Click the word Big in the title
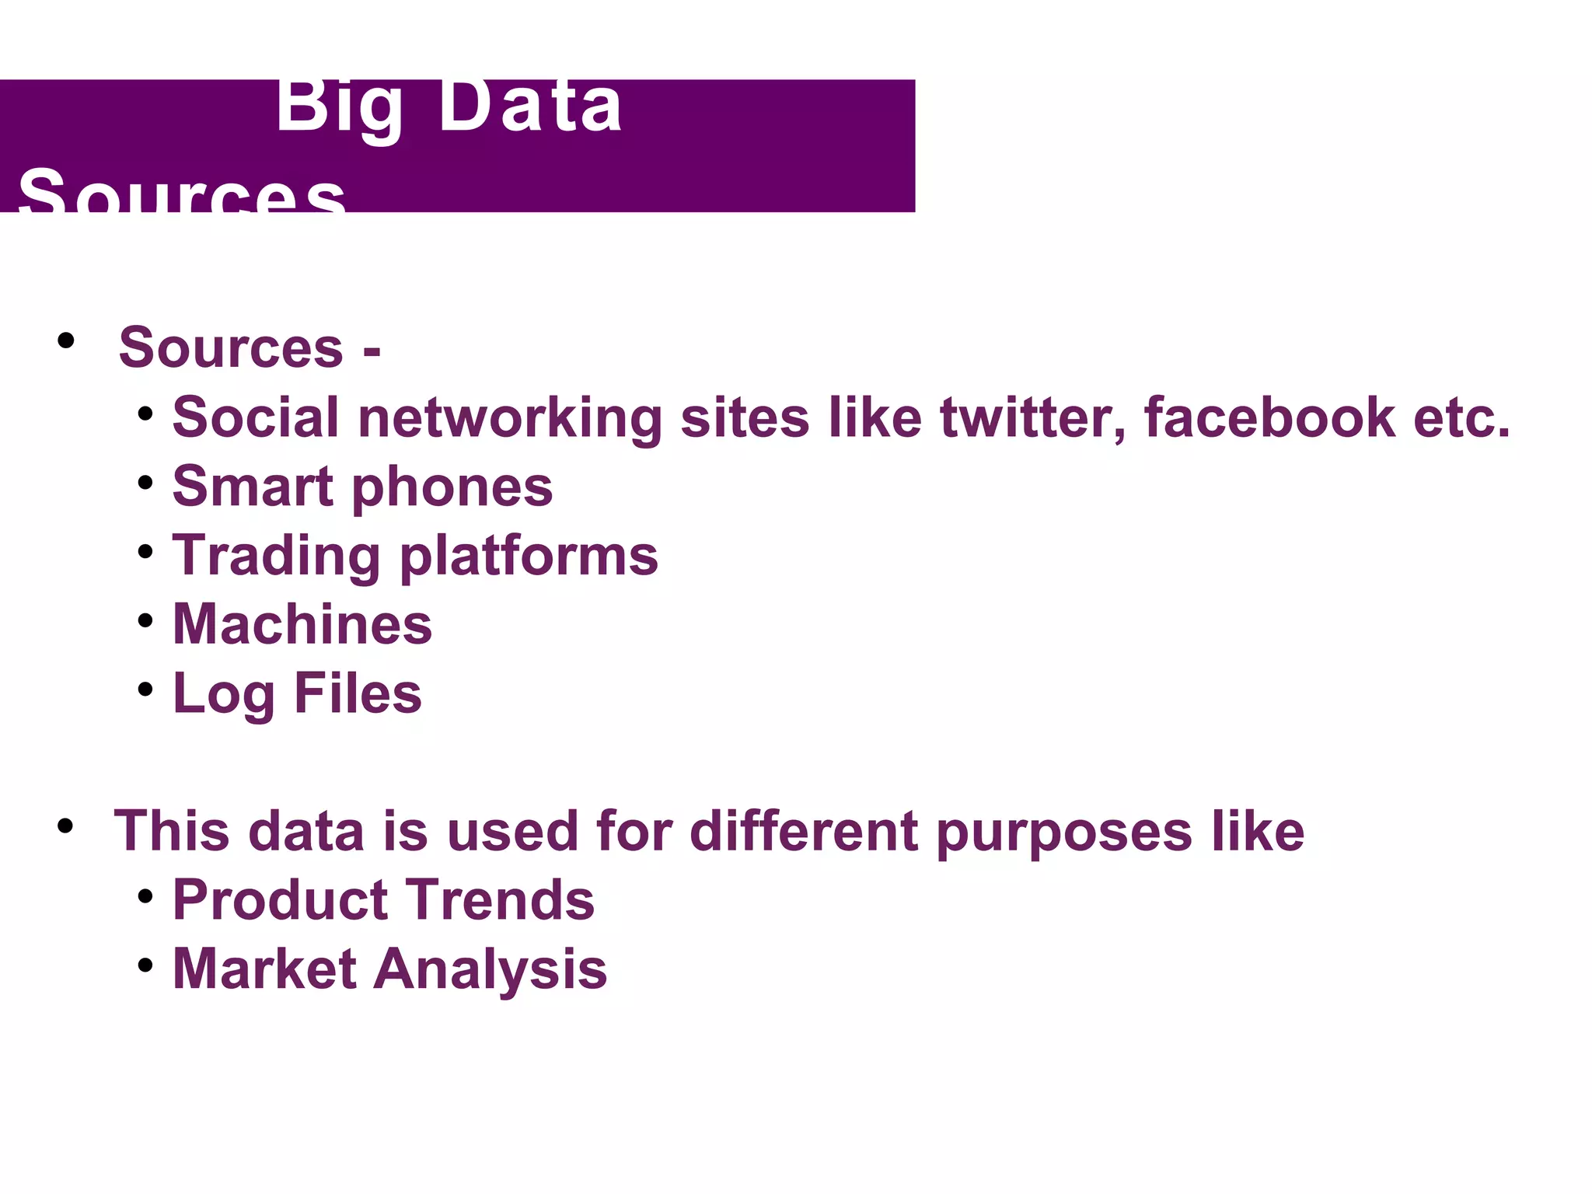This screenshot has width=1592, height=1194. (x=340, y=109)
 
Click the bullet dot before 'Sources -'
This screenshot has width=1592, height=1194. (x=66, y=340)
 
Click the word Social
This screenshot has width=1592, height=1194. (x=256, y=417)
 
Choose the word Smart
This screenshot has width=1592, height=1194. (x=253, y=487)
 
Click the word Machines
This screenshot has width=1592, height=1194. (x=302, y=624)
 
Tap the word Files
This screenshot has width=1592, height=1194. (x=358, y=693)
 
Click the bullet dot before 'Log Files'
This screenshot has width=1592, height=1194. (x=145, y=690)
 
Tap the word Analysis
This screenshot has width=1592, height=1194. (x=491, y=971)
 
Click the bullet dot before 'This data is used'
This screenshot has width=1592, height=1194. (x=66, y=826)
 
